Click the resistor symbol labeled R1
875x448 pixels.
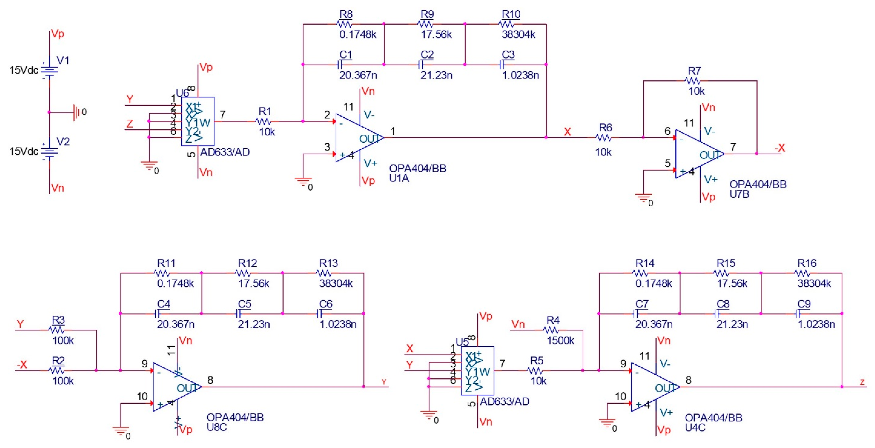(x=263, y=121)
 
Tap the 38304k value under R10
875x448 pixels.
(x=518, y=35)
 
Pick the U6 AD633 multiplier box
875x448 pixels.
(x=198, y=121)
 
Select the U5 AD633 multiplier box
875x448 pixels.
(x=477, y=370)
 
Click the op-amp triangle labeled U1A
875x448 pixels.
(x=357, y=138)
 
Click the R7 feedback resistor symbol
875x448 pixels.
(x=693, y=81)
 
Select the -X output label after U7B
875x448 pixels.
(x=780, y=148)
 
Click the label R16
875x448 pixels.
(x=807, y=263)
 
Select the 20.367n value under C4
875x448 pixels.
(x=176, y=324)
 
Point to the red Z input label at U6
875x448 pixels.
(x=129, y=124)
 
